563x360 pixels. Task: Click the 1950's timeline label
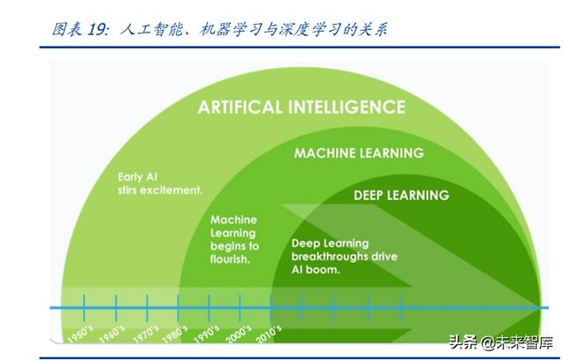click(80, 334)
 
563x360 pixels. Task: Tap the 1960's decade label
click(112, 334)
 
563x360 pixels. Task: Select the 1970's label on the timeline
click(145, 334)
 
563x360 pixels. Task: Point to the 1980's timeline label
click(175, 334)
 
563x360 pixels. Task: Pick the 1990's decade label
click(207, 334)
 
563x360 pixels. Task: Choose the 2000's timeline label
click(238, 334)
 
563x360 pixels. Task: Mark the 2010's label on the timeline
click(268, 334)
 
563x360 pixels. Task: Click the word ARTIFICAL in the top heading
click(240, 107)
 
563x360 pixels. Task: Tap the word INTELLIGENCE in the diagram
click(347, 107)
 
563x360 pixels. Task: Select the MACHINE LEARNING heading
click(359, 153)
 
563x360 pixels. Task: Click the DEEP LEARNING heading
click(401, 195)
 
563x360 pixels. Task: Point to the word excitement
click(172, 190)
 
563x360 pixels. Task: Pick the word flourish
click(230, 259)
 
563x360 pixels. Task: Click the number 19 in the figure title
click(96, 29)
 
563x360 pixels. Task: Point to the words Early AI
click(137, 177)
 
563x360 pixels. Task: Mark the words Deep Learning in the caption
click(330, 243)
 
